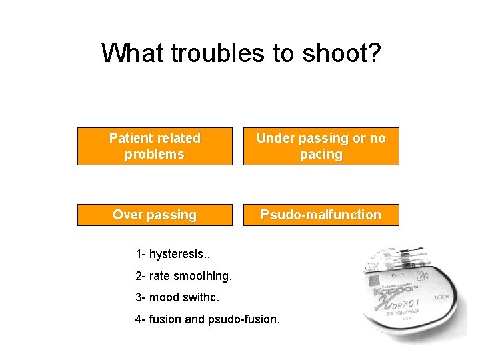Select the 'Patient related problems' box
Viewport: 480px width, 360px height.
click(x=155, y=146)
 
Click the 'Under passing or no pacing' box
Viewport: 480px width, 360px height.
click(x=321, y=146)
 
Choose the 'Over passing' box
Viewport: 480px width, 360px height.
click(x=155, y=215)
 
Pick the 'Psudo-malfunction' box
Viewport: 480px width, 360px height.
click(x=321, y=215)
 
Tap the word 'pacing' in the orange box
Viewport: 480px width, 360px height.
click(x=321, y=154)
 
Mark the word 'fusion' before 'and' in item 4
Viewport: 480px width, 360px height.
click(x=165, y=319)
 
